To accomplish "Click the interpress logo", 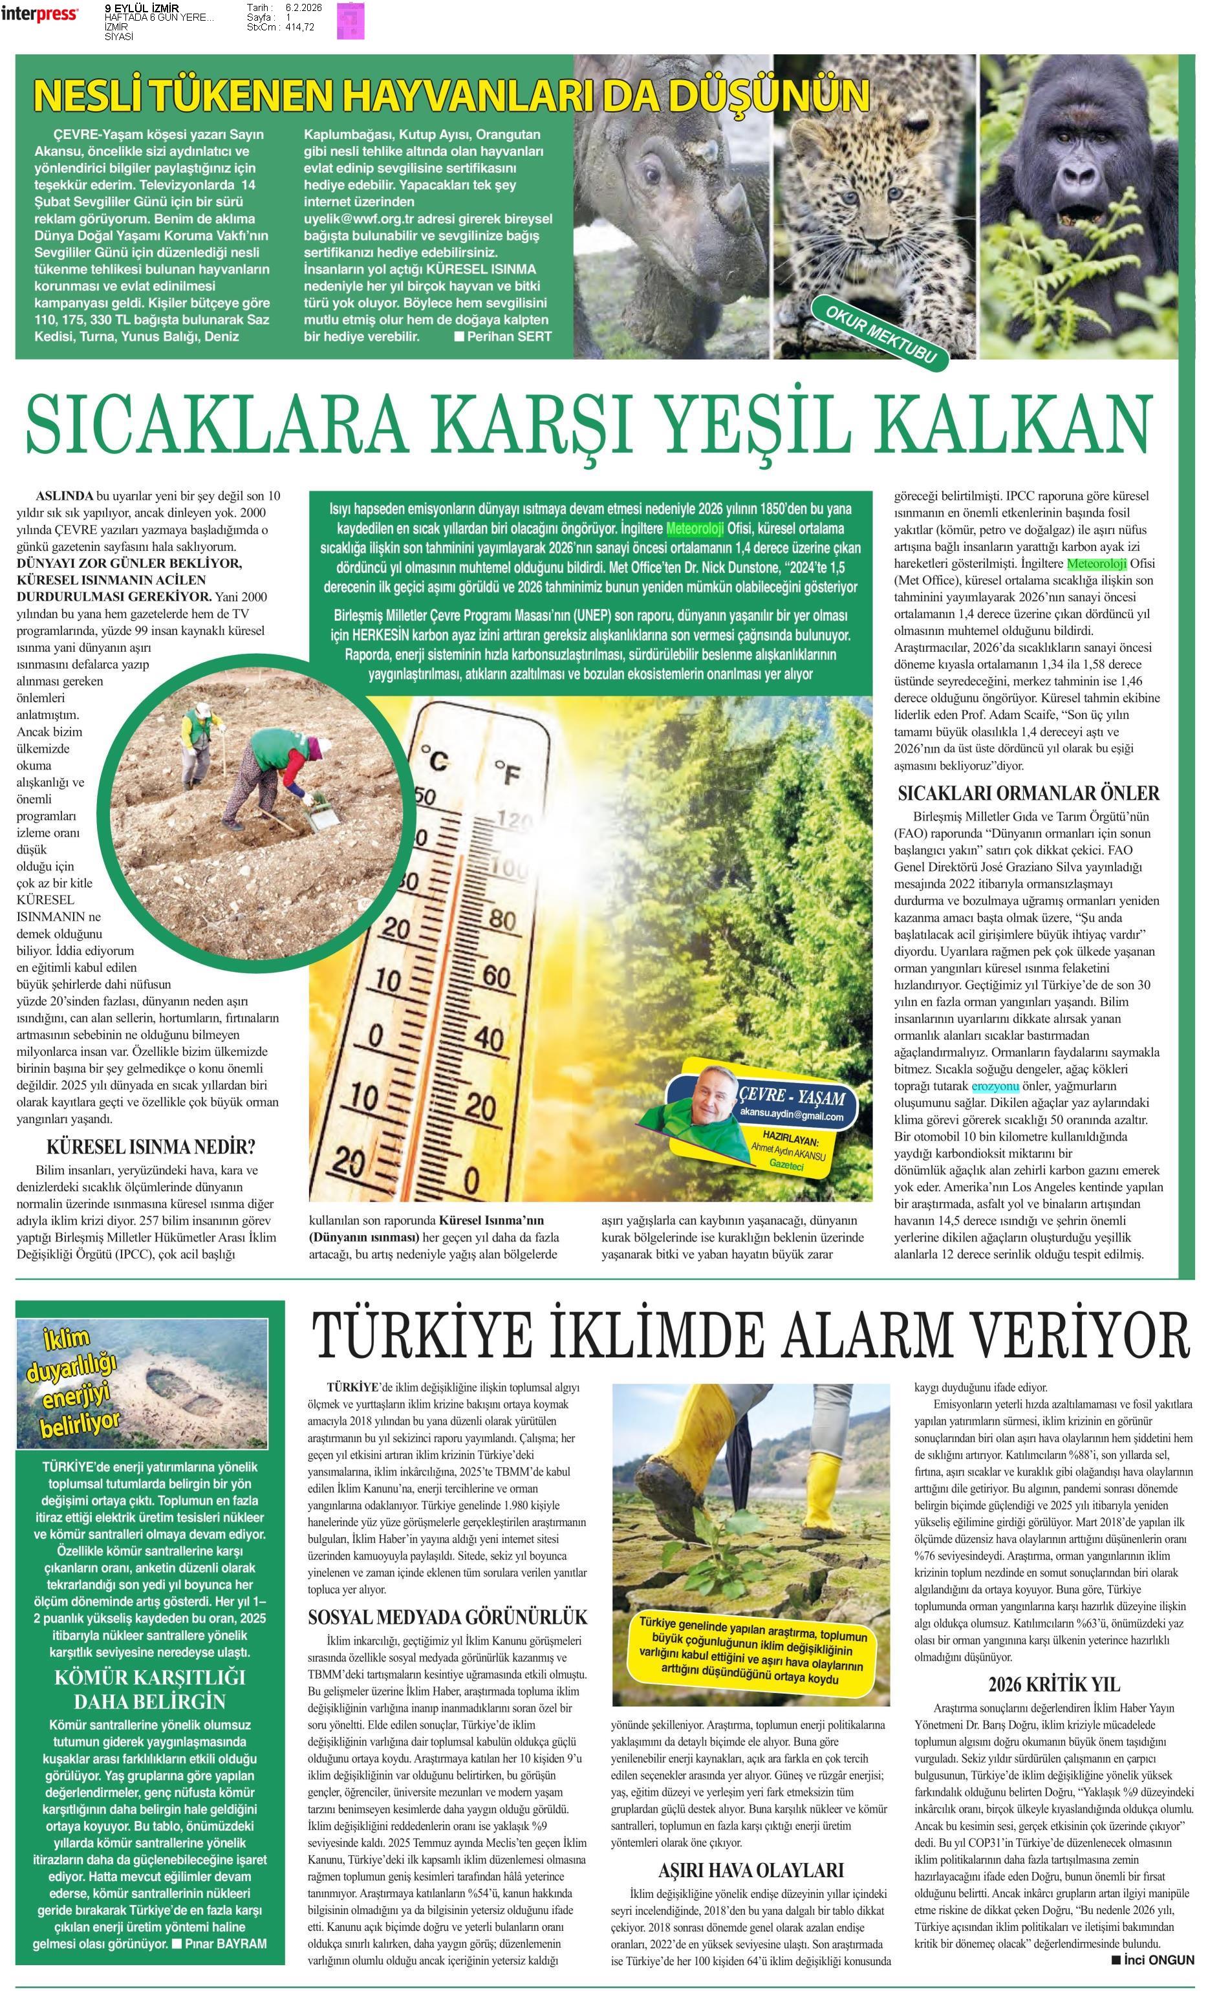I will pyautogui.click(x=39, y=13).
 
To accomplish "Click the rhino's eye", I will pyautogui.click(x=652, y=172).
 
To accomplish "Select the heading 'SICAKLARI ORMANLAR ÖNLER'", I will pyautogui.click(x=1028, y=793).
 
